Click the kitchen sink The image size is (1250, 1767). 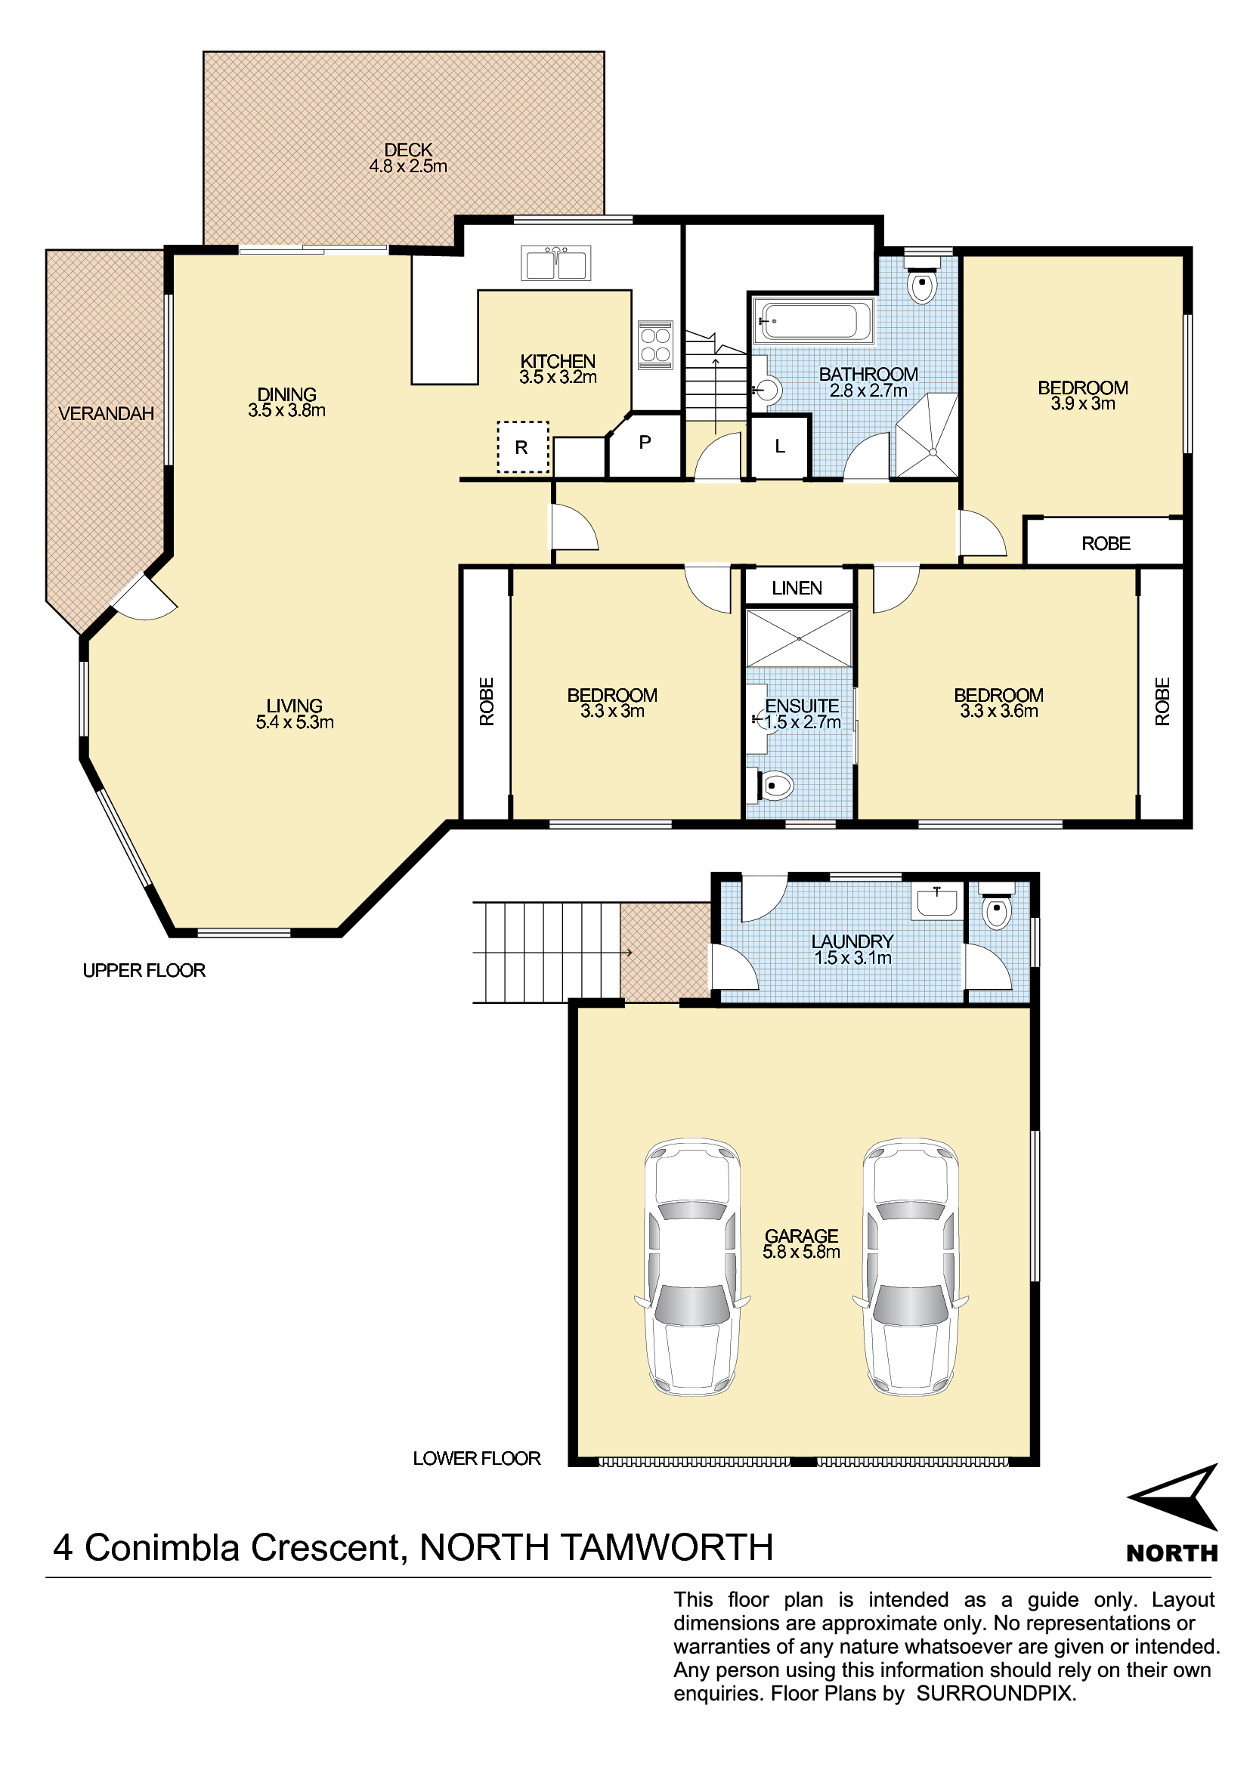(555, 263)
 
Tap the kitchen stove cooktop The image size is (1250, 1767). (655, 344)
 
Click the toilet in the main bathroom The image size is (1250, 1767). (922, 283)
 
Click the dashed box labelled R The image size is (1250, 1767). (523, 447)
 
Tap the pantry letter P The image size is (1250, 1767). (645, 443)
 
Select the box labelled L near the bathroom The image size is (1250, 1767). (780, 446)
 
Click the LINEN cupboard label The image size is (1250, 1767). (797, 588)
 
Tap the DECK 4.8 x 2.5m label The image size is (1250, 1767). (408, 158)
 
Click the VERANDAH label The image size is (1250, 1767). (107, 414)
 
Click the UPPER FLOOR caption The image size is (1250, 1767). (144, 971)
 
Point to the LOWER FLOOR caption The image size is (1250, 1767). (476, 1458)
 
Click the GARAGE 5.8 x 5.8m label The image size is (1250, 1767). (801, 1243)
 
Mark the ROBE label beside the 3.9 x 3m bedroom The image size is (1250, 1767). (1106, 544)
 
